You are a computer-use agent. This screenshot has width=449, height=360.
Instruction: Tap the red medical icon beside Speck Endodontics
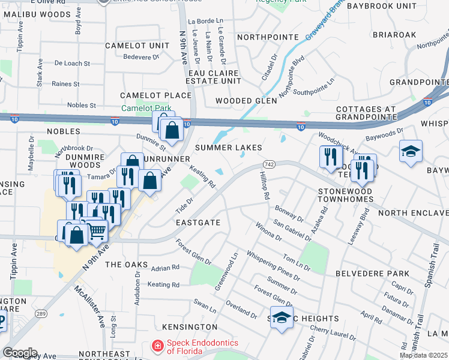click(157, 346)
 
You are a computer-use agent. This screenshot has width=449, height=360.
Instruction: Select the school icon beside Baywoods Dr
click(411, 151)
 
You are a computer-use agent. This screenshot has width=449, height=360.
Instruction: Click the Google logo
click(20, 353)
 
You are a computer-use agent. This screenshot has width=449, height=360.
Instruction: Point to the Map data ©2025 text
click(424, 355)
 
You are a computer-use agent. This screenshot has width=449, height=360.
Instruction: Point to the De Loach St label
click(72, 63)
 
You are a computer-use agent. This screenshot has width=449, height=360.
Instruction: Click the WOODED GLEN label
click(246, 101)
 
